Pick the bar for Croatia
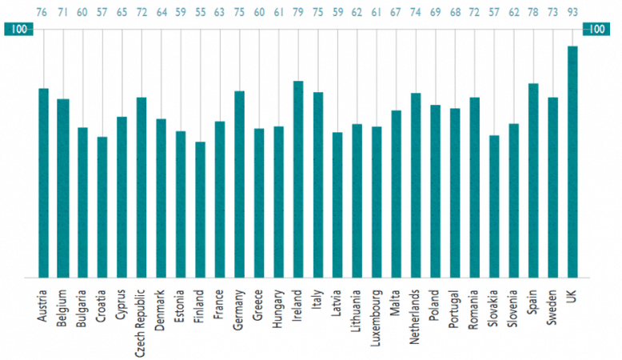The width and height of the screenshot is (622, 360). (102, 207)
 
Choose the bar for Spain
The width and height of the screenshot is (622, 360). (533, 181)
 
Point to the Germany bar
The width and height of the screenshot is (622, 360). (239, 184)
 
